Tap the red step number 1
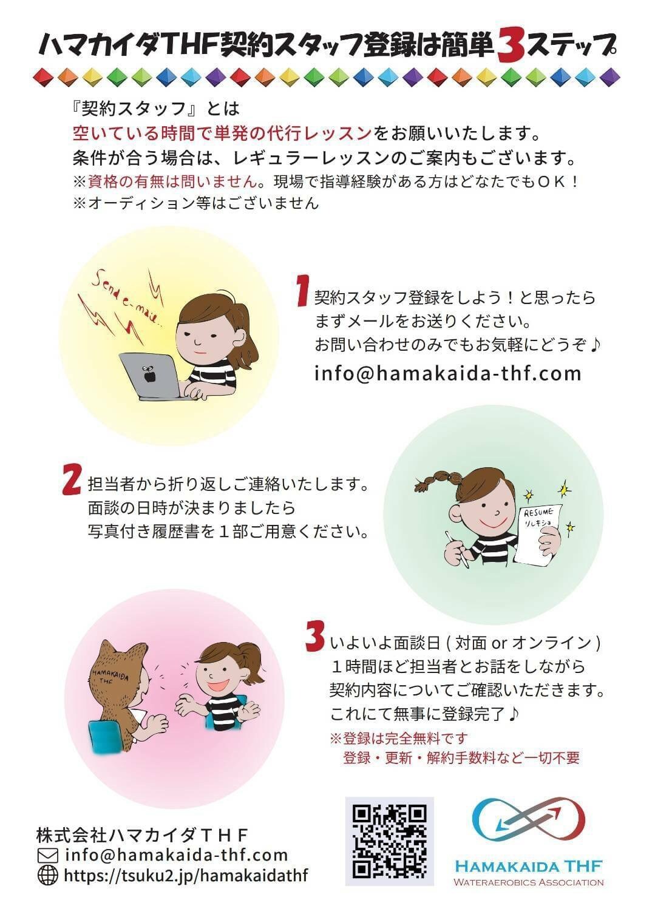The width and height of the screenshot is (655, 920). (303, 291)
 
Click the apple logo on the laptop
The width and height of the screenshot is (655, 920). (147, 374)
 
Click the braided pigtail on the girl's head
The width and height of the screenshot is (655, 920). (438, 479)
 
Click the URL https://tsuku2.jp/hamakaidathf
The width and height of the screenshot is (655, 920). (186, 875)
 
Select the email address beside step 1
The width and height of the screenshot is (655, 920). (448, 374)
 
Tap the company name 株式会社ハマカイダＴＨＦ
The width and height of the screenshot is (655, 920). (142, 834)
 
